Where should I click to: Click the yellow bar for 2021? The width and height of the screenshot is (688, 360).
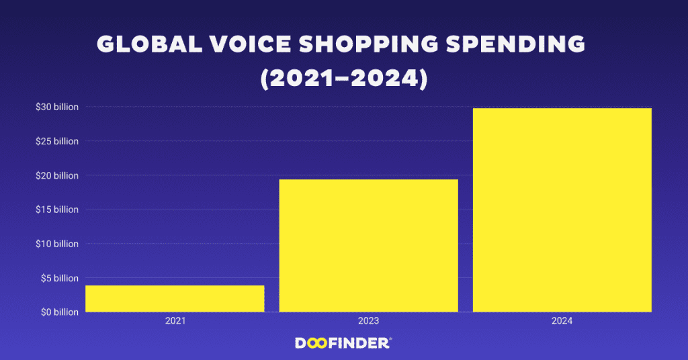click(x=175, y=299)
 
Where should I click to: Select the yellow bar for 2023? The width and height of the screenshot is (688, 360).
click(x=368, y=245)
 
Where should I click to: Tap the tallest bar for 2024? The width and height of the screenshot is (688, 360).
click(x=562, y=210)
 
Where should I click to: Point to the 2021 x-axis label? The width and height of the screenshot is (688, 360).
click(x=175, y=322)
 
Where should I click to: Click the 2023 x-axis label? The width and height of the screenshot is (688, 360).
click(x=368, y=322)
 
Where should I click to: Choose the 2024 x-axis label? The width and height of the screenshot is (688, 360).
click(x=562, y=322)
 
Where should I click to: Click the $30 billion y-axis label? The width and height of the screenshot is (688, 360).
click(x=57, y=107)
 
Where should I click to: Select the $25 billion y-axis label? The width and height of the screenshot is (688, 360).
click(x=57, y=141)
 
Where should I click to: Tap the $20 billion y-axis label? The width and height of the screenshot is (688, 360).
click(x=57, y=175)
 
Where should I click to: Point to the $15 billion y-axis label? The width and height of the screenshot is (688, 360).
click(x=57, y=210)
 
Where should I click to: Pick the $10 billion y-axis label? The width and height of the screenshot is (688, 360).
click(x=57, y=244)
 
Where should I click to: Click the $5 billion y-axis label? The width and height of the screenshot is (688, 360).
click(x=58, y=278)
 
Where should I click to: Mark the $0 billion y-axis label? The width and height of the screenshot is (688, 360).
click(x=58, y=312)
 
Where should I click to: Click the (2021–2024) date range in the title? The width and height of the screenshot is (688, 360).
click(x=343, y=78)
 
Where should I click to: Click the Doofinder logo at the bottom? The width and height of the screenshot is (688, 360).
click(x=343, y=343)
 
